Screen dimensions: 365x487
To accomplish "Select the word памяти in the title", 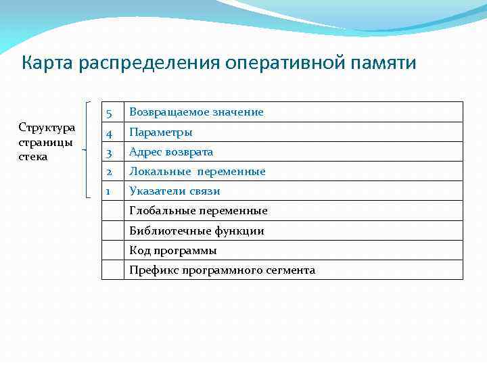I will point(384,64).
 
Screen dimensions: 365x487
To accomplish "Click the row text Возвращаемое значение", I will point(196,112).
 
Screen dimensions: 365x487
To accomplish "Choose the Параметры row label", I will point(161,132).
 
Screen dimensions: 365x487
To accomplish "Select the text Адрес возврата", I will point(171,152).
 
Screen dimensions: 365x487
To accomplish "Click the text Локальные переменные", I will point(198,172).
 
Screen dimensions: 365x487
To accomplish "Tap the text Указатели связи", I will point(175,191).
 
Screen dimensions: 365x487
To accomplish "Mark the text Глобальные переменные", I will point(198,211).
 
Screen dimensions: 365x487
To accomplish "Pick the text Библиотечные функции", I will point(196,231).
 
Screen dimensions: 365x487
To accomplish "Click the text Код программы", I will point(173,251).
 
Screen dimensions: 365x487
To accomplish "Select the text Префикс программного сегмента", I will point(222,270).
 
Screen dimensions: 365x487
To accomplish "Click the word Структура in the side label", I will point(47,128).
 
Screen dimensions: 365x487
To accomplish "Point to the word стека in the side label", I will point(33,156).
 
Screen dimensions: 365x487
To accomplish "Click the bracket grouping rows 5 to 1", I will point(89,149).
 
